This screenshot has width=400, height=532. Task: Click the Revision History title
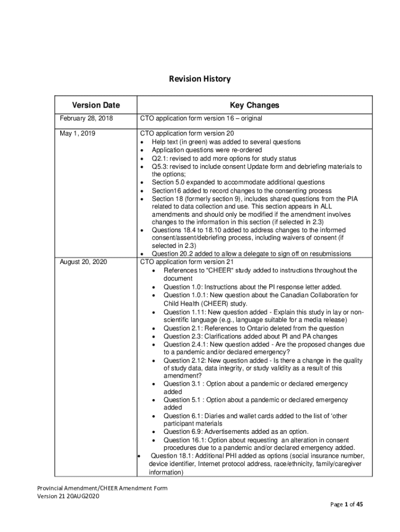[199, 79]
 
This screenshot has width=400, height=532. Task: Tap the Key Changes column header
[255, 105]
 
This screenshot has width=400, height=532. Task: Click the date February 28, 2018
[86, 118]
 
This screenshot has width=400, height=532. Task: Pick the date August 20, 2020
[84, 262]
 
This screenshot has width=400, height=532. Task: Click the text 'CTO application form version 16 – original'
[201, 118]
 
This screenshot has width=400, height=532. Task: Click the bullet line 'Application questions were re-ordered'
[207, 150]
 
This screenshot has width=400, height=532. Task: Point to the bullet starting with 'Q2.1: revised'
[224, 158]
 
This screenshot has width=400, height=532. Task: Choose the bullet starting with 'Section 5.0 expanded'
[238, 182]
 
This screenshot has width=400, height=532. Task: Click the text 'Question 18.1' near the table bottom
[171, 456]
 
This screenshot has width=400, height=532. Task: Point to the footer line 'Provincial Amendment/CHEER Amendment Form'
[102, 488]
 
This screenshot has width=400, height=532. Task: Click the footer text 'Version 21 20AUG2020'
[68, 496]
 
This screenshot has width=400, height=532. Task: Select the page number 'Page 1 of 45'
[346, 504]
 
